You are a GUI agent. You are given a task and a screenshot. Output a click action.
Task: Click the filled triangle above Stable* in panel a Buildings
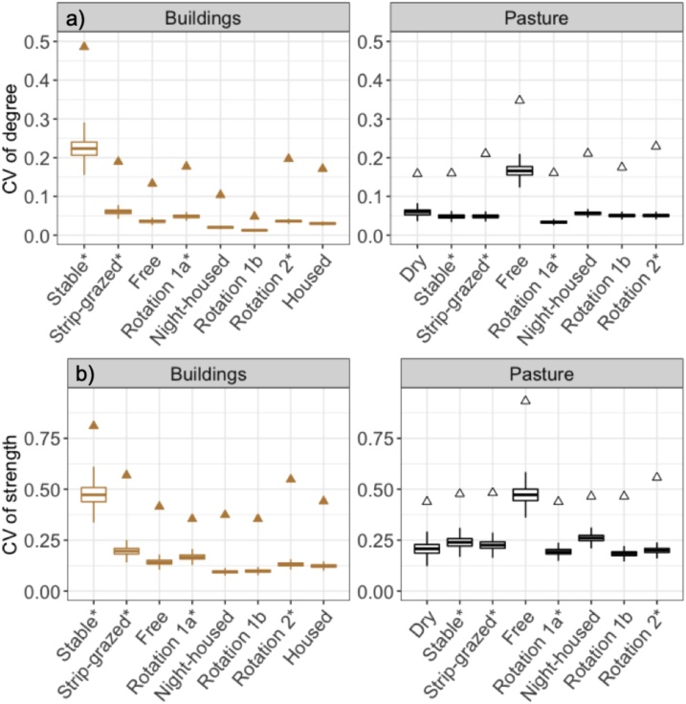point(86,45)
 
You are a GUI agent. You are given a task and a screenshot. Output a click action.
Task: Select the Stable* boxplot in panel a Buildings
point(86,148)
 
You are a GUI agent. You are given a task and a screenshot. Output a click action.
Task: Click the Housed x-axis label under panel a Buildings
point(317,283)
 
